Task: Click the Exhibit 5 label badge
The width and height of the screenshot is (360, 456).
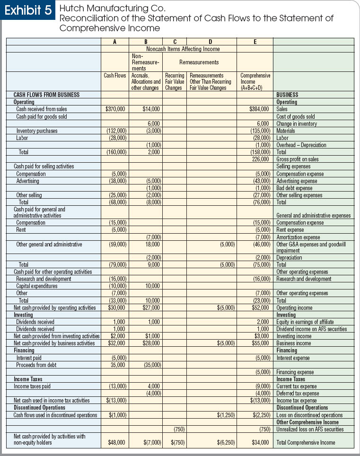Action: [x=28, y=11]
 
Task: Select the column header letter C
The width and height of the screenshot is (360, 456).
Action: [x=175, y=42]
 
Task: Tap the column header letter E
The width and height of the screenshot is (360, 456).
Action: [x=255, y=42]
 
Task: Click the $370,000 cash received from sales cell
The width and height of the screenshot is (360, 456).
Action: [x=115, y=109]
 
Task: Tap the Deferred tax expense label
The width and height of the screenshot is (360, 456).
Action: [x=298, y=394]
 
